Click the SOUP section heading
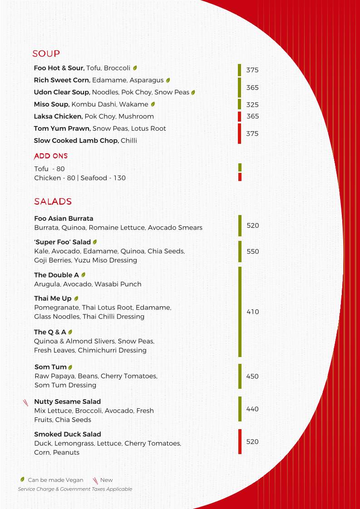(46, 54)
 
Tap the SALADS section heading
(53, 201)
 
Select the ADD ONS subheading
(51, 156)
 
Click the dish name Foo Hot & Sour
(59, 68)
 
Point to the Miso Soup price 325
(252, 105)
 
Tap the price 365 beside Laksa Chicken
(253, 117)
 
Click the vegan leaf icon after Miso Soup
(153, 104)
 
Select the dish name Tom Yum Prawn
(62, 128)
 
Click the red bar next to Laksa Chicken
(239, 117)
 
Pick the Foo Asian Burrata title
(64, 218)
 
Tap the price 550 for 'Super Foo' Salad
(253, 252)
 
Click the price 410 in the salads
(253, 312)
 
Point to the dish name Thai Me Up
(53, 299)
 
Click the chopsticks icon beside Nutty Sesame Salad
(26, 402)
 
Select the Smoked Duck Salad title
(67, 434)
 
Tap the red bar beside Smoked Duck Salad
(240, 441)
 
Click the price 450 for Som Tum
(252, 377)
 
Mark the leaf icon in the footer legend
(22, 480)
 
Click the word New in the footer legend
(106, 480)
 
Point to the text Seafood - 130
(103, 178)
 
